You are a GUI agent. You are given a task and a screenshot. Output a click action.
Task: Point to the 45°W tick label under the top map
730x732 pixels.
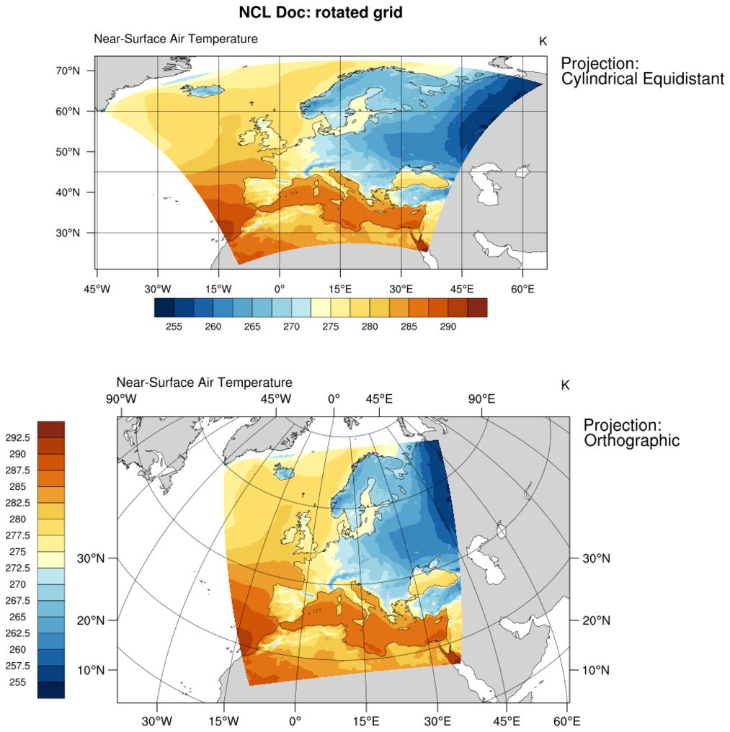click(97, 289)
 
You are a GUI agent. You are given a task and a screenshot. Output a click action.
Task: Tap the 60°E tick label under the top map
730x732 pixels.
click(522, 289)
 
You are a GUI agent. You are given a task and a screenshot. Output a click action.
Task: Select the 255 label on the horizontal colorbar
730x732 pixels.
click(174, 326)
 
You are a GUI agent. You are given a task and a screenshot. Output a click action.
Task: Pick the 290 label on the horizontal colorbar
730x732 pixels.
click(447, 326)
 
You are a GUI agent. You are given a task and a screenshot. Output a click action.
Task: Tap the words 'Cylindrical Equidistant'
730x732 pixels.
click(642, 79)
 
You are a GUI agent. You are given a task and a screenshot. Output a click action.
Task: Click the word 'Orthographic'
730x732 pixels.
click(631, 440)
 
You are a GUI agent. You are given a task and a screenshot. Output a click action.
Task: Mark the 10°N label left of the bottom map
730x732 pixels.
click(92, 670)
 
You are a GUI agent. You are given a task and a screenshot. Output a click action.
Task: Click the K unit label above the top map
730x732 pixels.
click(543, 41)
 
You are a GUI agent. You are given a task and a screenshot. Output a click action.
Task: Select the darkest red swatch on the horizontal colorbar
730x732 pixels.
click(477, 308)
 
